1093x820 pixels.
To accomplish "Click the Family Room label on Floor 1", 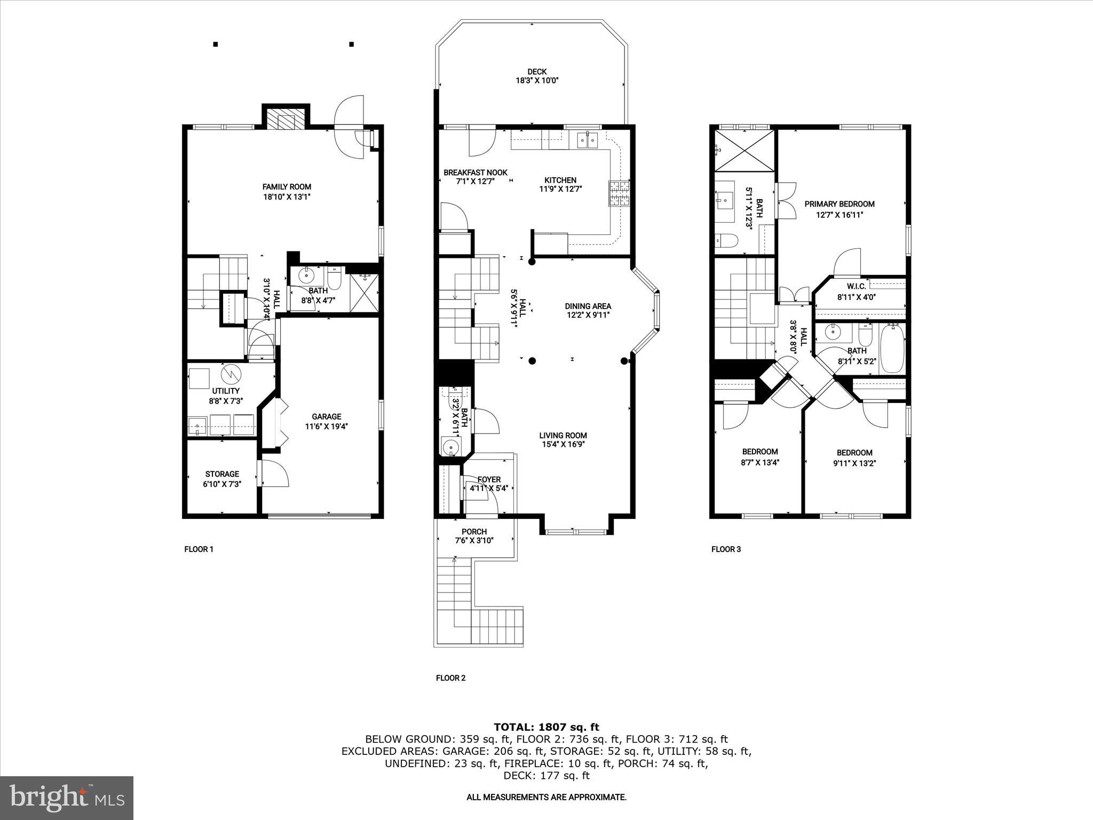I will [287, 187].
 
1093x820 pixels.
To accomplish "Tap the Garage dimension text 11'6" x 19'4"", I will [326, 427].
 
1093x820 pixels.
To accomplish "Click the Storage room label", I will [222, 474].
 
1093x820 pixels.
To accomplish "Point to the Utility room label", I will [226, 391].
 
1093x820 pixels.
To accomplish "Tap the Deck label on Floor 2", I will [537, 72].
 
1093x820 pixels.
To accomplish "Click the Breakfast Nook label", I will [476, 172].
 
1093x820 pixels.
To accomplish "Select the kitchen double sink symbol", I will [587, 140].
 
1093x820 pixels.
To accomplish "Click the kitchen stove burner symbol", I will [619, 194].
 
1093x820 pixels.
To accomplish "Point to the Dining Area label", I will [588, 306].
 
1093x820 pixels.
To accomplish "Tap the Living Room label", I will [563, 436].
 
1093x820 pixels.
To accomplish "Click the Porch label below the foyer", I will [474, 532].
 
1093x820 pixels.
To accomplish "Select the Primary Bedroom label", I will [839, 204].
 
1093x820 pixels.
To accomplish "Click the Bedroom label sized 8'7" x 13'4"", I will [760, 452].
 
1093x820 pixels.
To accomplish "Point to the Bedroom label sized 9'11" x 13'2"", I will [854, 453].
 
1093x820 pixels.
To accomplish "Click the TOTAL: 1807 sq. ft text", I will [546, 727].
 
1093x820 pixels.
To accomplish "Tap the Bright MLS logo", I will [67, 798].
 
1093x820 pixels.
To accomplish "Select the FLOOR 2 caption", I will [450, 678].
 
